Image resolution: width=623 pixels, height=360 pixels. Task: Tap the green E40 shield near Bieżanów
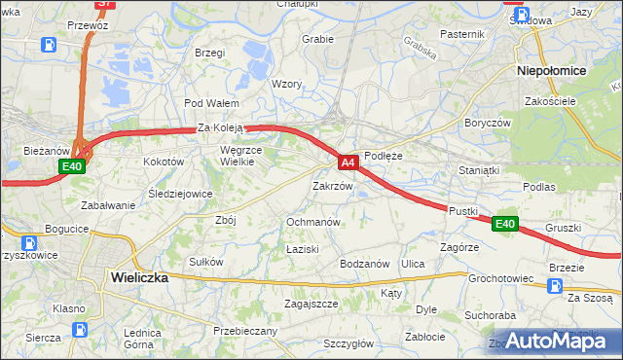(x=72, y=167)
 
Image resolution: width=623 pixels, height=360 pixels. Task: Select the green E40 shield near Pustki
(x=503, y=225)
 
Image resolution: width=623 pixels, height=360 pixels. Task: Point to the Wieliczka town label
(x=139, y=277)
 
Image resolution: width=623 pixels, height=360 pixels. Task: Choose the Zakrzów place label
(x=332, y=186)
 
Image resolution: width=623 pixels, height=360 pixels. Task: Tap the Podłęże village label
(x=385, y=155)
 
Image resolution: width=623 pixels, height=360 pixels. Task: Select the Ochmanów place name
(x=312, y=222)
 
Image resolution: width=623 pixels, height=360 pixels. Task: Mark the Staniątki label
(x=479, y=170)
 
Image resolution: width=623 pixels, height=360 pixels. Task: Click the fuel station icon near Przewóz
(x=49, y=44)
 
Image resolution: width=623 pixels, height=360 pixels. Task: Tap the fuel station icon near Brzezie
(x=555, y=286)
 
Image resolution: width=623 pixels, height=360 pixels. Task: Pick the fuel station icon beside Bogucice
(x=30, y=243)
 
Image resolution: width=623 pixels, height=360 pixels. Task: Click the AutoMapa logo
(x=553, y=341)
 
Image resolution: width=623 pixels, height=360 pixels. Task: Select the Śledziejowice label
(x=180, y=194)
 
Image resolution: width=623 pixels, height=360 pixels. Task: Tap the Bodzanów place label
(x=365, y=264)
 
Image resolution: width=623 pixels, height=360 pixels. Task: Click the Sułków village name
(x=206, y=262)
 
